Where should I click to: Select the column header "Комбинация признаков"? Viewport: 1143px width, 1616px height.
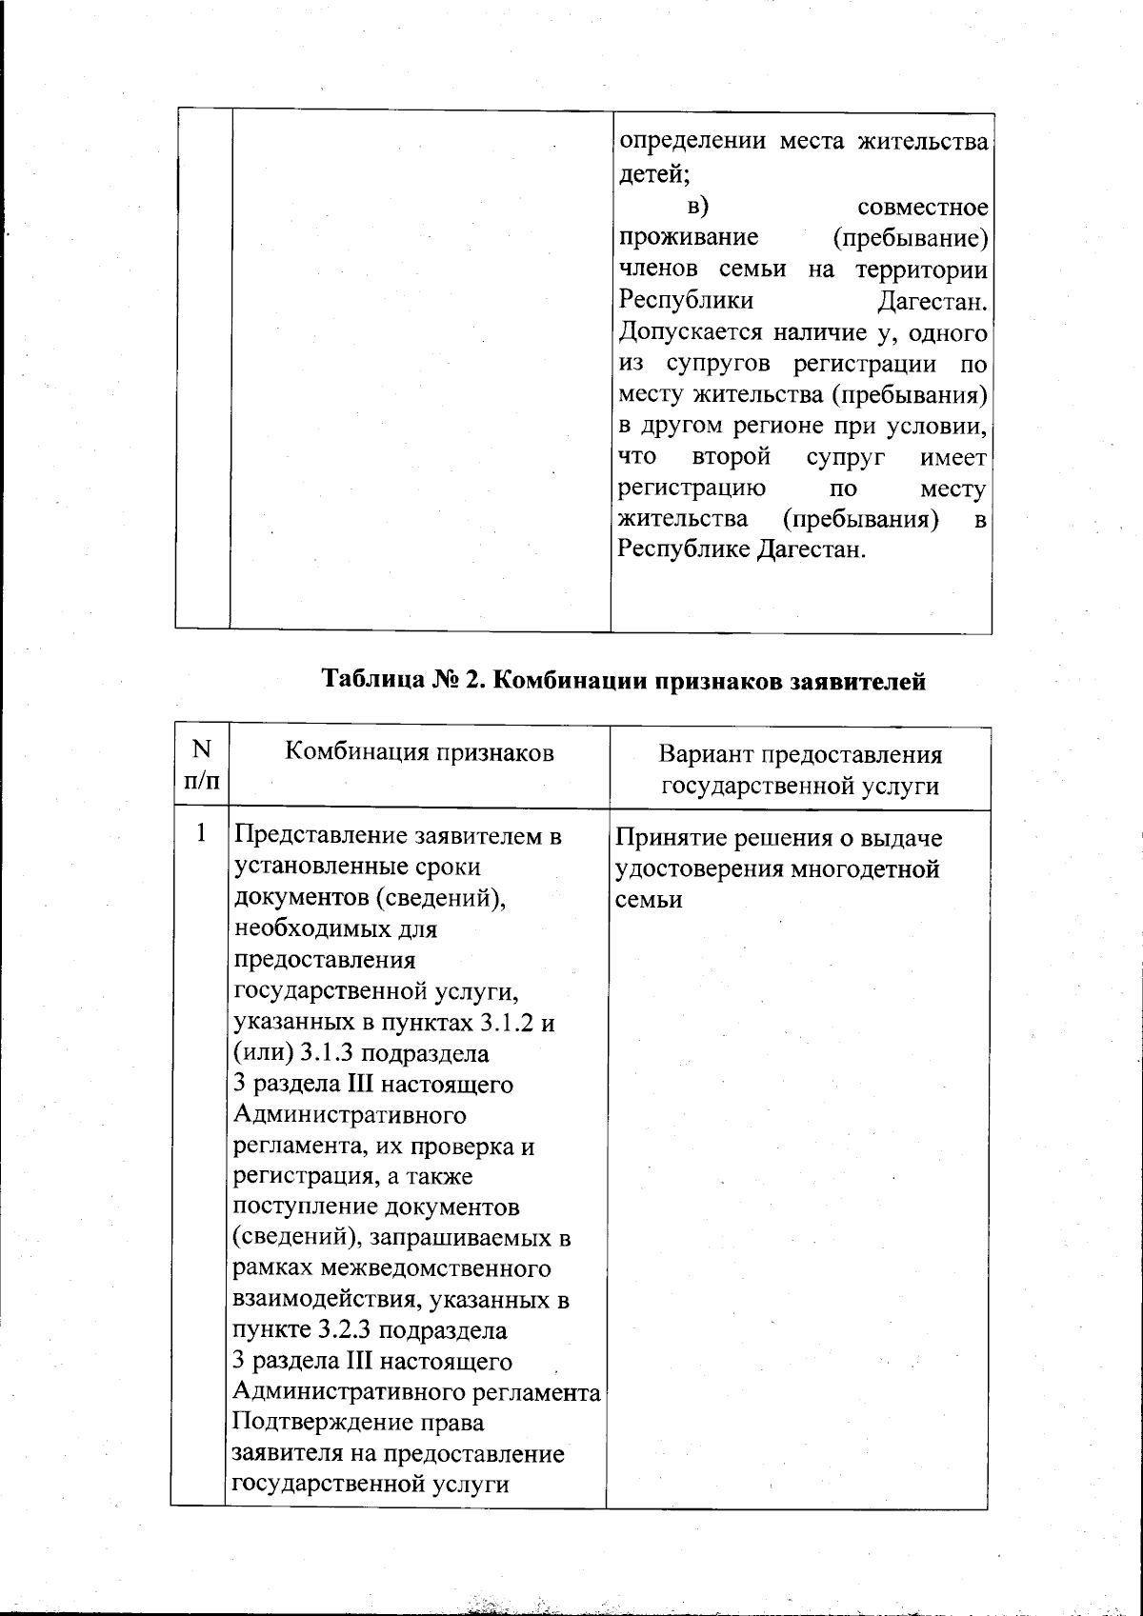point(419,753)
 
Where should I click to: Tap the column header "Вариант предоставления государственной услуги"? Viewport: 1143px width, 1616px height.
point(799,770)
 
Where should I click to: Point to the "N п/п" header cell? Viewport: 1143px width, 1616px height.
point(200,768)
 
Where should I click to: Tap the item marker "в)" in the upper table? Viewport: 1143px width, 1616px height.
point(700,207)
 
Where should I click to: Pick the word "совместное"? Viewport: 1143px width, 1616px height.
point(922,207)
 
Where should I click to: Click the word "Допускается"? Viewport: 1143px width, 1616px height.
point(691,332)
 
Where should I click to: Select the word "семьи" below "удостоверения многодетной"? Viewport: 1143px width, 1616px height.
point(649,900)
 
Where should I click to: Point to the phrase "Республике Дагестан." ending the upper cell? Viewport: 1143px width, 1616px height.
point(742,551)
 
